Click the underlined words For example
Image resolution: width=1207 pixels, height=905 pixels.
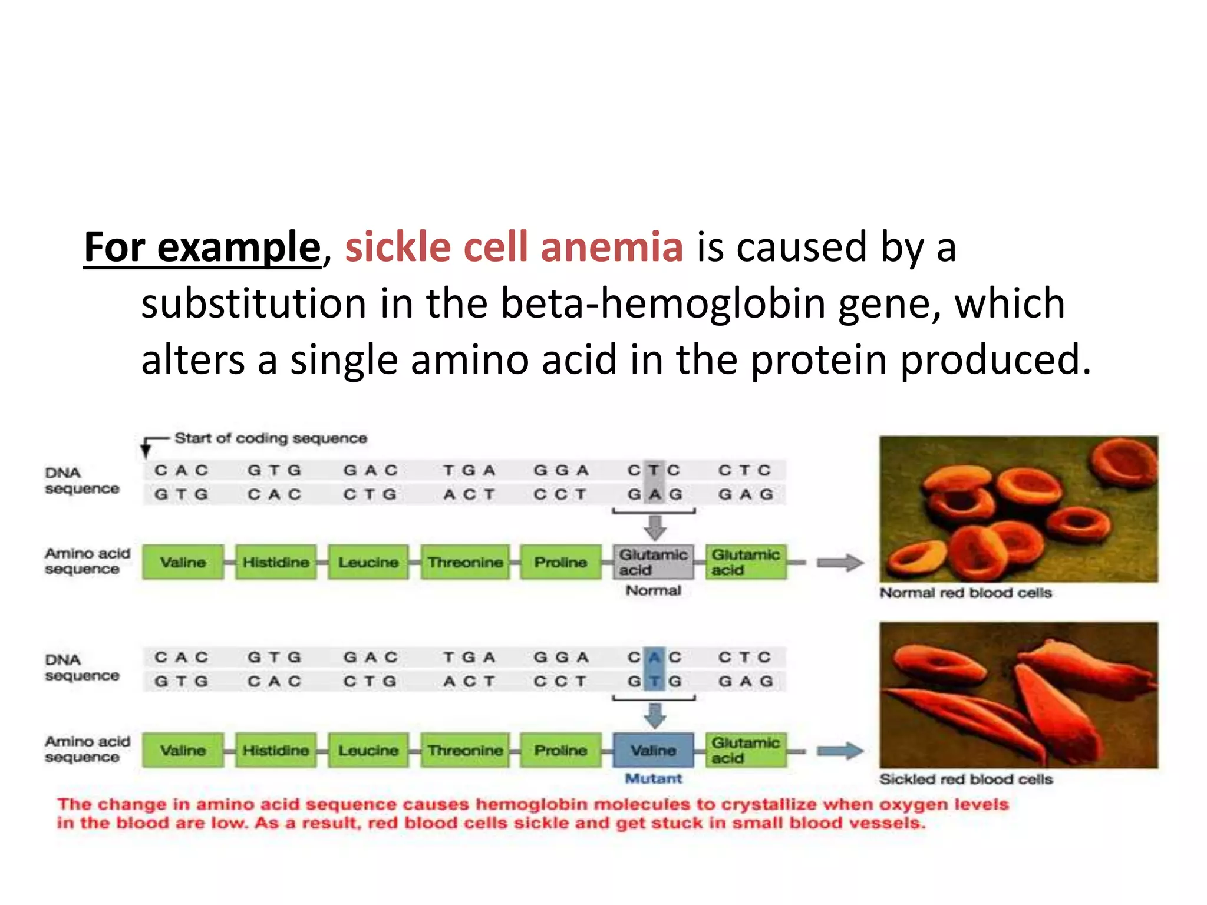202,247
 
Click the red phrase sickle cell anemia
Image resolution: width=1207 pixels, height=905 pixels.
513,247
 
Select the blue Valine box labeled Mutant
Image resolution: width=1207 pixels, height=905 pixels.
653,750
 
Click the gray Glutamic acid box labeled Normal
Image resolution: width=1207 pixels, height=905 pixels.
653,562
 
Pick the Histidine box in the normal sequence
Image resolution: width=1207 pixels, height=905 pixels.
275,562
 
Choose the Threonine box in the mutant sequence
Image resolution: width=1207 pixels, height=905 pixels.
465,750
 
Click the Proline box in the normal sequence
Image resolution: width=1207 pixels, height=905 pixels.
560,562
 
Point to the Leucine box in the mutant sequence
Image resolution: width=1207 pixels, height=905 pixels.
368,750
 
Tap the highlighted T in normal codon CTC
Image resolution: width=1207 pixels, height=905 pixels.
654,470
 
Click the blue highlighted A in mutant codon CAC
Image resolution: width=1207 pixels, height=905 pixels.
654,657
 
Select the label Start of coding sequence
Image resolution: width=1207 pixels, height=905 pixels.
271,438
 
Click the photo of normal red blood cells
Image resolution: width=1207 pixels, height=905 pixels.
1018,509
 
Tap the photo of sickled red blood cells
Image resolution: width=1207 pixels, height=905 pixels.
1018,695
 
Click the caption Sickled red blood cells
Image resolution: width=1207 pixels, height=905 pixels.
965,779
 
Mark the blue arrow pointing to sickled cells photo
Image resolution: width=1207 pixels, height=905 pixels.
840,751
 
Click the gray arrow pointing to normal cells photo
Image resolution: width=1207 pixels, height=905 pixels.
840,563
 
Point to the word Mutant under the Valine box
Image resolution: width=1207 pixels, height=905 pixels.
653,779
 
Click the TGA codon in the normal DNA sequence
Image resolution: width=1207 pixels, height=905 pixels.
469,470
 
